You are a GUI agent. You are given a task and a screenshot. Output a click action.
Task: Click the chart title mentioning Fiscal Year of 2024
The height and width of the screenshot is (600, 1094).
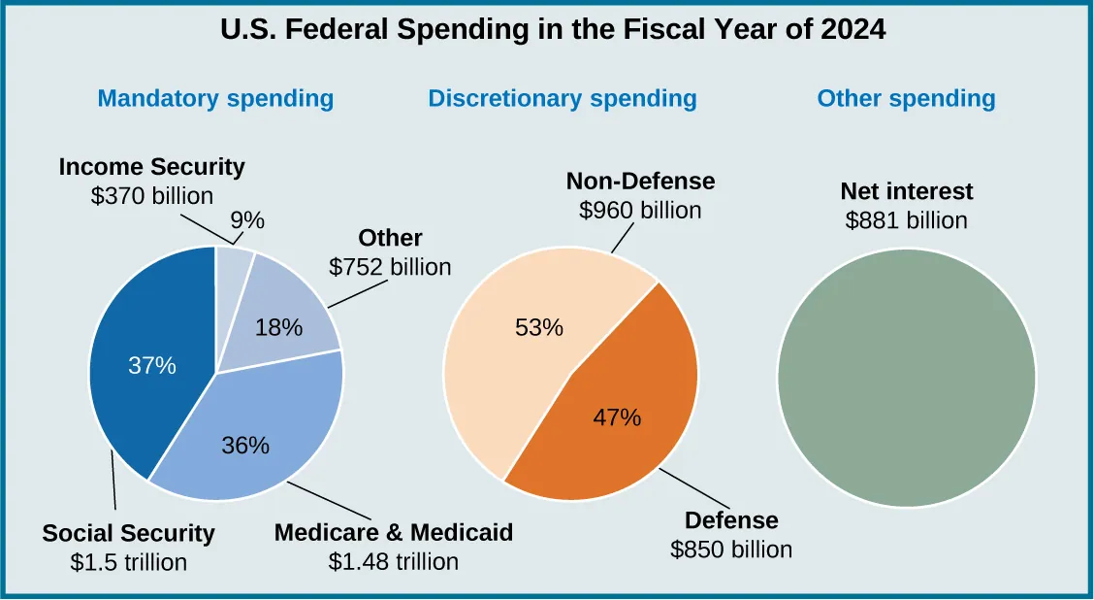point(553,30)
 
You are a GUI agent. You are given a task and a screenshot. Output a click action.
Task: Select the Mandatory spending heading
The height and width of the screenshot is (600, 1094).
point(215,98)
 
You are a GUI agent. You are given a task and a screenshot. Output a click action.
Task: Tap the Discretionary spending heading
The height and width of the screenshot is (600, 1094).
point(562,98)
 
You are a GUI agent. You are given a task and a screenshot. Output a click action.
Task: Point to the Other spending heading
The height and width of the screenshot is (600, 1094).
point(906,98)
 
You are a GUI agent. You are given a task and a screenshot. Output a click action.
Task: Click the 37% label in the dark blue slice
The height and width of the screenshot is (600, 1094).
point(152,366)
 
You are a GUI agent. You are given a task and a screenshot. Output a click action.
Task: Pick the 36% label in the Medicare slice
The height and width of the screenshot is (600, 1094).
point(244,446)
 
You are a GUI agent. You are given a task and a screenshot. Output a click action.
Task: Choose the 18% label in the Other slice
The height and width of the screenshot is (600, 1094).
point(279,328)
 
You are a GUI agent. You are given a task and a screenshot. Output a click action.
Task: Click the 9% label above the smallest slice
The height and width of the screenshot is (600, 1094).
point(247,220)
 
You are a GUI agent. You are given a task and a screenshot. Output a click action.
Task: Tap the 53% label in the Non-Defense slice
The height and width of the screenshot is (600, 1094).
point(538,327)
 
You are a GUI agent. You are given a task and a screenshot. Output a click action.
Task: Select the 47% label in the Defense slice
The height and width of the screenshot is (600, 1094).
point(617,417)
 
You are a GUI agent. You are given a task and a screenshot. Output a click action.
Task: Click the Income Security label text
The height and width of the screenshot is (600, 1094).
point(151,167)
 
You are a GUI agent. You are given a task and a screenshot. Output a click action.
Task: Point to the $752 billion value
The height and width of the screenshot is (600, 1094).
point(390,267)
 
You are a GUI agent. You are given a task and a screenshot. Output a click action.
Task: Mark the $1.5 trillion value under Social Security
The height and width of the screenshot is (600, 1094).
point(128,562)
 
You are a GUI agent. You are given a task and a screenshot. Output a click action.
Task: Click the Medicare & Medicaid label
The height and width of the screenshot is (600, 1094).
point(393,533)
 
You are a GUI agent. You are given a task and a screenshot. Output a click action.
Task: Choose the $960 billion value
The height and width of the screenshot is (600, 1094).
point(639,210)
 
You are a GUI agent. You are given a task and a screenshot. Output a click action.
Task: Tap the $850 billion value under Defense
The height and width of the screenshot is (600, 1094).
point(731,550)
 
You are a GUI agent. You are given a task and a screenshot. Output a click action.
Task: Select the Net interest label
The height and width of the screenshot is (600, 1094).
point(906,191)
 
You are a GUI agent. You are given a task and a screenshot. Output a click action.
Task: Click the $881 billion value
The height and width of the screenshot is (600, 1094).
point(906,220)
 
